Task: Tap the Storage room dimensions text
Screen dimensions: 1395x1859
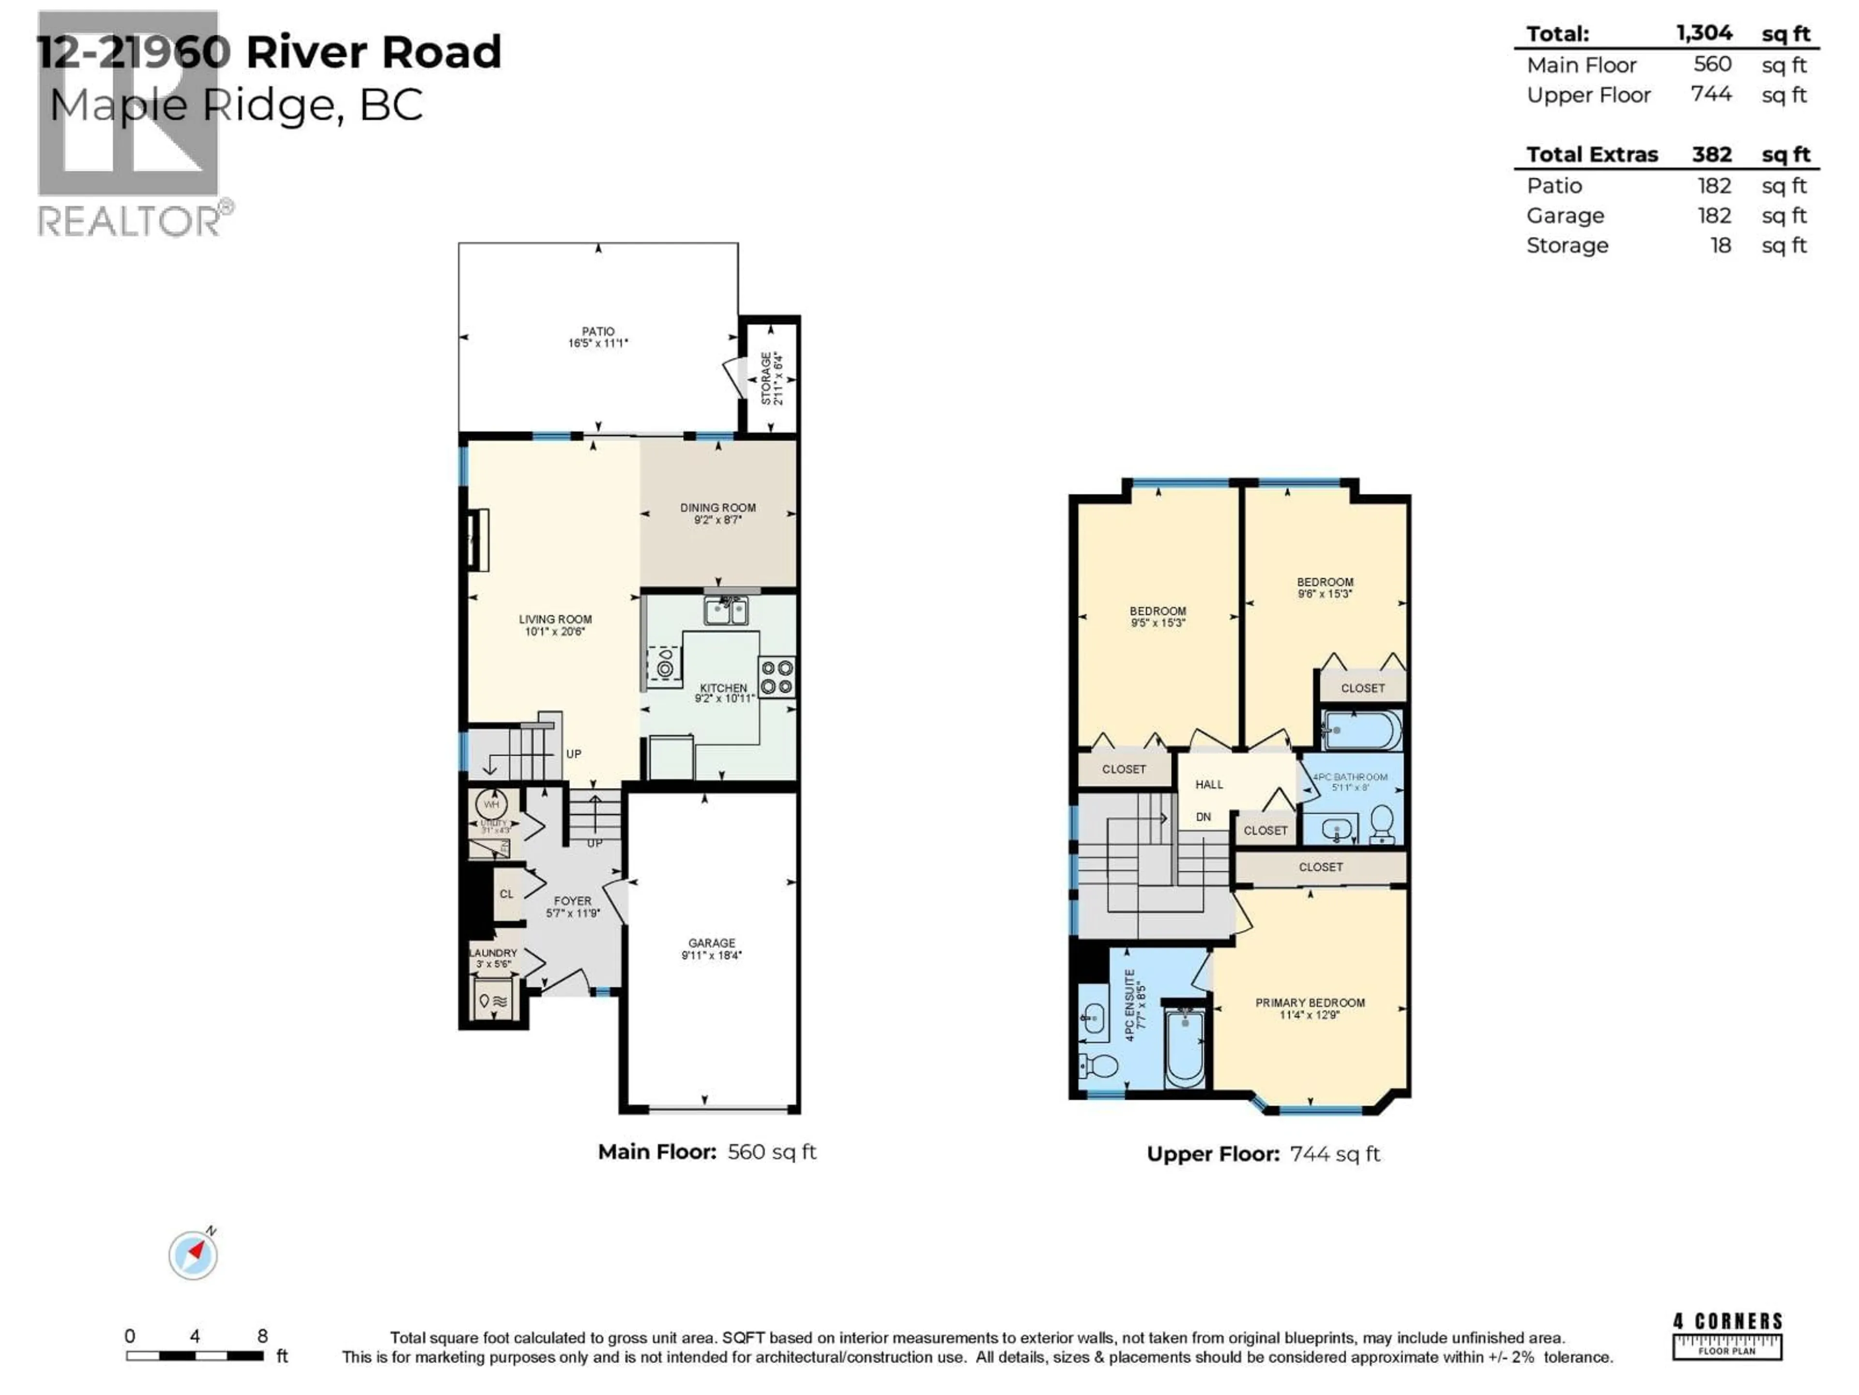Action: (x=779, y=379)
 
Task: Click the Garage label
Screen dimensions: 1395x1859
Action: (x=712, y=943)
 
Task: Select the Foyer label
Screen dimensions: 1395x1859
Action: (x=572, y=900)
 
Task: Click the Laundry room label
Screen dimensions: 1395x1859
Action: (x=493, y=953)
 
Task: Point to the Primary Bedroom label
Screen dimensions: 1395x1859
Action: (x=1310, y=1002)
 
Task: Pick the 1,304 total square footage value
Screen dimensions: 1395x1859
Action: (x=1704, y=33)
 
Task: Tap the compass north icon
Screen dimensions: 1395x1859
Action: (x=193, y=1255)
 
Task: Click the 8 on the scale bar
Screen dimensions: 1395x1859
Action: (x=262, y=1336)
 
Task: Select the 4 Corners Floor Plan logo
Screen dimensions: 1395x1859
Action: (x=1727, y=1336)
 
